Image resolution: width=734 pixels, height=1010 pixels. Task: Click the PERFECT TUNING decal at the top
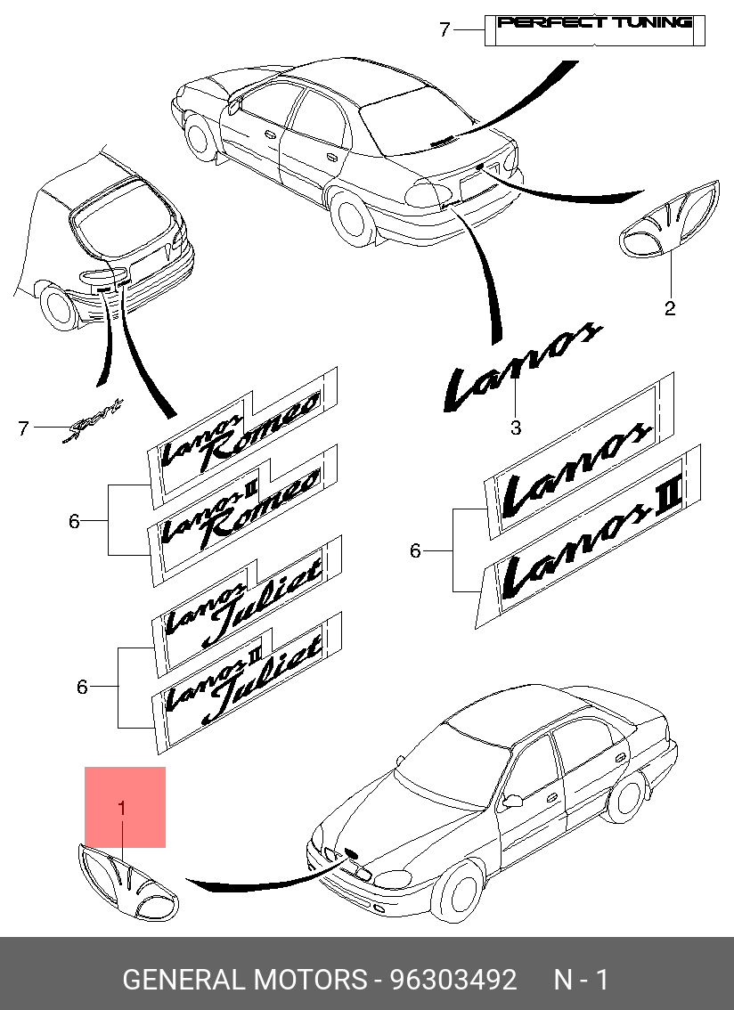(595, 23)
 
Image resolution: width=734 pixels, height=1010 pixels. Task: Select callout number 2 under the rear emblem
(669, 308)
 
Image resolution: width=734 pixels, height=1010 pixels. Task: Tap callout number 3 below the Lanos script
(516, 428)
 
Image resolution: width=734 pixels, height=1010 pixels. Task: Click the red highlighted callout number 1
(122, 808)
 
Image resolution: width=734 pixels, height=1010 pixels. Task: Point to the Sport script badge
(93, 424)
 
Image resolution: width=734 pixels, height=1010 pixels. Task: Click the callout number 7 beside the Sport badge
(25, 428)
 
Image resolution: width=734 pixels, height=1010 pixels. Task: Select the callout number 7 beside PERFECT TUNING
(445, 30)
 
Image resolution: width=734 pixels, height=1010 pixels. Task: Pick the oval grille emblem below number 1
(126, 884)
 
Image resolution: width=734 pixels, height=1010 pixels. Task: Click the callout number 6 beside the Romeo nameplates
(75, 520)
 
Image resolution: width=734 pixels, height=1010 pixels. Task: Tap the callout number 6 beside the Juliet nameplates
(82, 687)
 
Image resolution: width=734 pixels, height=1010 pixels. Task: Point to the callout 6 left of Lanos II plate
(415, 551)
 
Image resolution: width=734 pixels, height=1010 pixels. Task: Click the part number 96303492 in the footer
(453, 981)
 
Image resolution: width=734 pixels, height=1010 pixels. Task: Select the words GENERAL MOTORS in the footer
(244, 981)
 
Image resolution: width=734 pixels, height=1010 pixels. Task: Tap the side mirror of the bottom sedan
(512, 801)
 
